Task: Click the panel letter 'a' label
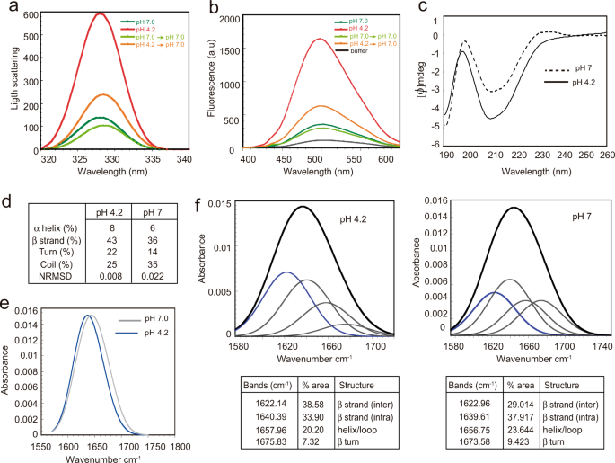[x=8, y=8]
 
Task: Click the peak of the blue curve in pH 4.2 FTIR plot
[x=286, y=272]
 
